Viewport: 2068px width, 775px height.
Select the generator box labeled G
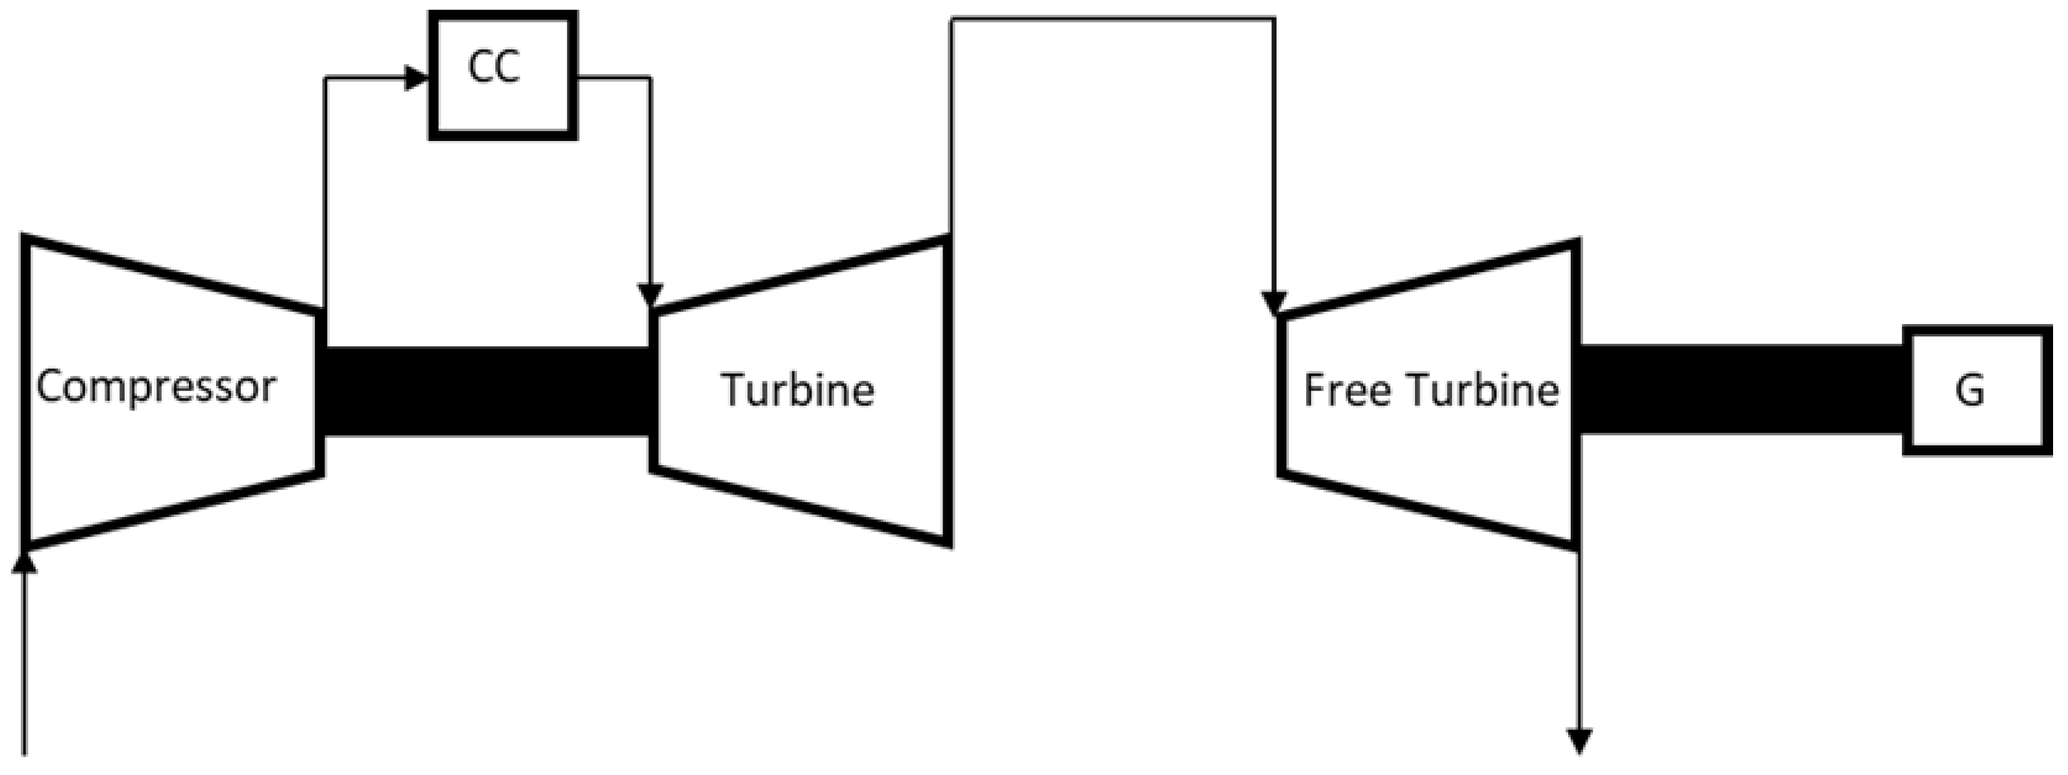1976,390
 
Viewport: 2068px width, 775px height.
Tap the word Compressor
156,387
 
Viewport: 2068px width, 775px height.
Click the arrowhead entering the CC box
416,78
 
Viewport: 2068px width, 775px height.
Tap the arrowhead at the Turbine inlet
650,295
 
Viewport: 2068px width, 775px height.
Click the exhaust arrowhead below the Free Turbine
1579,741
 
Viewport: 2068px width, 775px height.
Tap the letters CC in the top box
494,68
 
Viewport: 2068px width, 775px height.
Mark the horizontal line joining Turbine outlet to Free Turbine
1112,18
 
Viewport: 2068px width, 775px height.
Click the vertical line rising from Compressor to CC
325,193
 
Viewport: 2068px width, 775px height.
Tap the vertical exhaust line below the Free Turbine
1579,642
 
